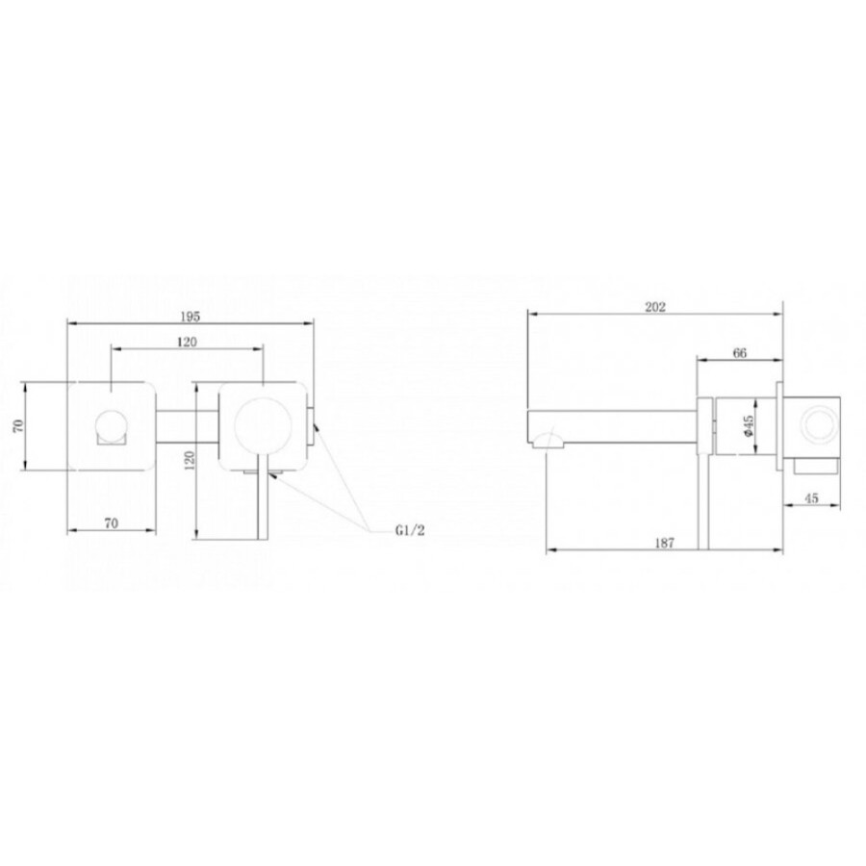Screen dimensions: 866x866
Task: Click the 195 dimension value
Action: (190, 317)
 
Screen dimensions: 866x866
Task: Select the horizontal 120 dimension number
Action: (187, 343)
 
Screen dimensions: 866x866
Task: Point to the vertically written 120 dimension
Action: (189, 460)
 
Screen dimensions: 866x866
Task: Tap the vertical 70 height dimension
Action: (18, 425)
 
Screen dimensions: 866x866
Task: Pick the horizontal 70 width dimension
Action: (111, 522)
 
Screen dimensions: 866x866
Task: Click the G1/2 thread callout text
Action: (410, 531)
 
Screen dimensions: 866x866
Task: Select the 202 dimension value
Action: (655, 307)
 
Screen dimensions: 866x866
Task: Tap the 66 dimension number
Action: (740, 353)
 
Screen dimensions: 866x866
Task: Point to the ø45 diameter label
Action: (749, 426)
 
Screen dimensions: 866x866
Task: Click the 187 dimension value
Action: (664, 543)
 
